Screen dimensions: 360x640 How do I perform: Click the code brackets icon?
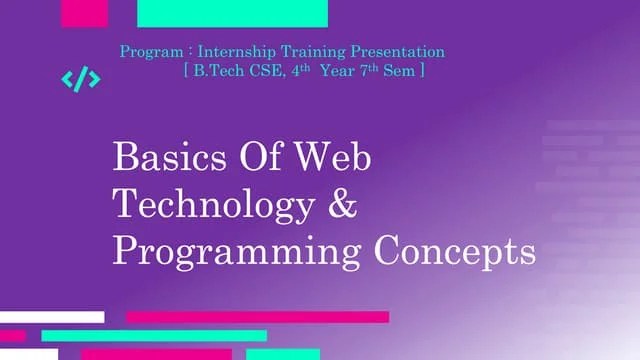81,80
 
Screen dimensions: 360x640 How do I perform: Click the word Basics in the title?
170,158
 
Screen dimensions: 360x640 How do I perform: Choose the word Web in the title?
336,158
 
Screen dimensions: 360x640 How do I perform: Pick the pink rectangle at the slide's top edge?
84,13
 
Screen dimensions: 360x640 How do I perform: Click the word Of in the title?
263,158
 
